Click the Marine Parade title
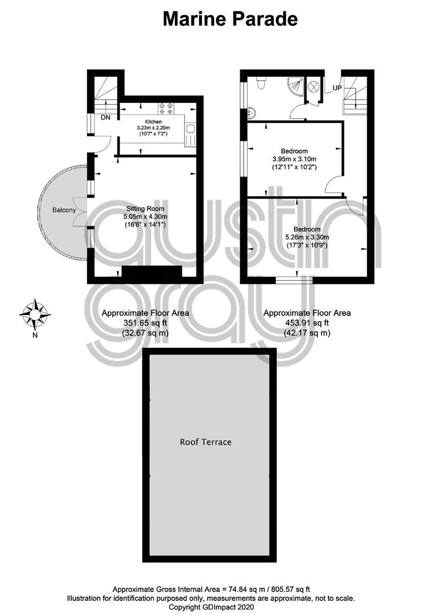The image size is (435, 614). tap(230, 19)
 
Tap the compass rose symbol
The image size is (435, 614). tap(35, 314)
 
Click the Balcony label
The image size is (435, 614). tap(64, 210)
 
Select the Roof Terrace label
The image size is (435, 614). tap(206, 442)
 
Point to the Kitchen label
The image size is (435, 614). tap(153, 122)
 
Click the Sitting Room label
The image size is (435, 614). tap(145, 209)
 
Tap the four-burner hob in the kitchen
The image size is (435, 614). tap(166, 108)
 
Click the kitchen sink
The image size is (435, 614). tap(190, 130)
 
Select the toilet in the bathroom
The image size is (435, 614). tap(261, 83)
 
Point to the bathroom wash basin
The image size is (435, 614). tap(252, 113)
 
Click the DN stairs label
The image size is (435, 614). tap(105, 117)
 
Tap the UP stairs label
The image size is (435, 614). tap(337, 88)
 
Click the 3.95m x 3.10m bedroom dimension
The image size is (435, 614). tap(294, 159)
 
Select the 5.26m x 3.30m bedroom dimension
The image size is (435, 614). tap(307, 237)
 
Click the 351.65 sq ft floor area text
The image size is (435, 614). tap(145, 323)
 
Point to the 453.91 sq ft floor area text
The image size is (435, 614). tap(307, 323)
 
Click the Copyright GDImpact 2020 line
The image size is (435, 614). tap(211, 607)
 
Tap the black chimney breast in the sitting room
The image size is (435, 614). tap(152, 272)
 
